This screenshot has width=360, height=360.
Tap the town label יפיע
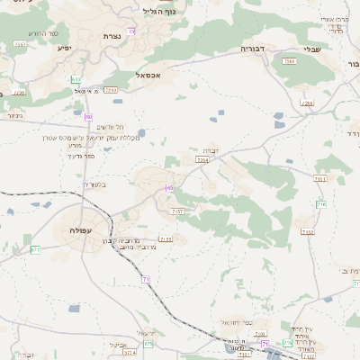[x=64, y=48]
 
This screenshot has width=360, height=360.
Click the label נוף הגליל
[x=159, y=12]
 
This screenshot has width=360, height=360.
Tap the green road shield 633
[x=76, y=80]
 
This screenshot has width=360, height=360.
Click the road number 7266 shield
[x=289, y=62]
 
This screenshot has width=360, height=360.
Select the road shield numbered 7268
[x=307, y=104]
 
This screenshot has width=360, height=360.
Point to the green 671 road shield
[x=35, y=249]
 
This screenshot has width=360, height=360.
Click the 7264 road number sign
[x=202, y=159]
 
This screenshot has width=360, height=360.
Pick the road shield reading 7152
[x=308, y=232]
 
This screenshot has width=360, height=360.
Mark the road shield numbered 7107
[x=176, y=211]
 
